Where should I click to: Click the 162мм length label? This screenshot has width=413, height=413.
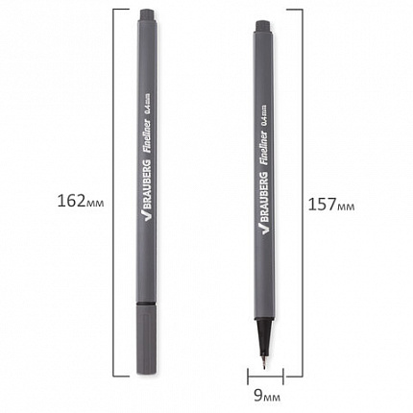point(81,202)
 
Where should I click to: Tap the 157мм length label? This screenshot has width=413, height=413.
point(331,205)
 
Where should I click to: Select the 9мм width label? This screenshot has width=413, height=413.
point(267,396)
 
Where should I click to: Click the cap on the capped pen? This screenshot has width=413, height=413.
point(147,339)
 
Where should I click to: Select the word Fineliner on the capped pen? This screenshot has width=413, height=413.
point(148,137)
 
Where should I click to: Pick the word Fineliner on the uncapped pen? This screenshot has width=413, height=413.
point(264,148)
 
